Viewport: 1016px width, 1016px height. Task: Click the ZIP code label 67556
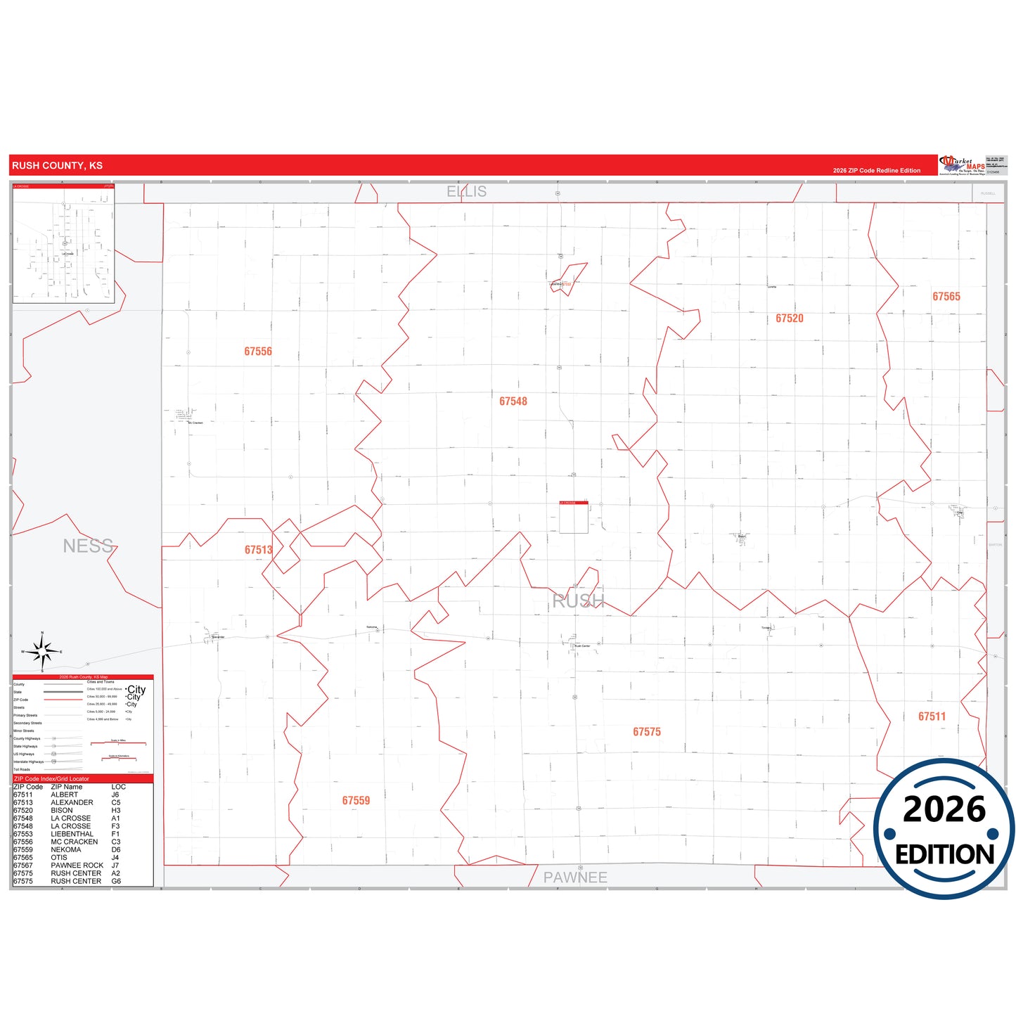[258, 352]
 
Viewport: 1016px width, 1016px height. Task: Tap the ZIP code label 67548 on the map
[513, 401]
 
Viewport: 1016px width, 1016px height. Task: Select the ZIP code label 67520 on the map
[789, 319]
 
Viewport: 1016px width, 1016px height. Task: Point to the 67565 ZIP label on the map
[946, 297]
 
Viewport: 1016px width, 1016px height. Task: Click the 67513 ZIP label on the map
[258, 550]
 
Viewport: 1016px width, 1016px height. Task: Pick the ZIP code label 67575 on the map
[646, 732]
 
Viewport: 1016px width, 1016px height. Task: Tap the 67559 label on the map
[356, 801]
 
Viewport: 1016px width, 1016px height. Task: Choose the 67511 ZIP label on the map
[932, 716]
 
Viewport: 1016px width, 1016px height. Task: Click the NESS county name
[88, 546]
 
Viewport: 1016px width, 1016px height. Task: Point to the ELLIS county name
[467, 191]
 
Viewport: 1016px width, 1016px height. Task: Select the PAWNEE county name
[575, 877]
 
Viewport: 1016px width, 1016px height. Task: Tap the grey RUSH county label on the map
[578, 601]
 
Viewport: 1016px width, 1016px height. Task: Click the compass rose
[42, 652]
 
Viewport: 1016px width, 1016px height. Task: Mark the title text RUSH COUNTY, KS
[57, 166]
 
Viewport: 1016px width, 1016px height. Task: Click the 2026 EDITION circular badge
[944, 829]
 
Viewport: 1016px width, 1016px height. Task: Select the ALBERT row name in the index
[65, 795]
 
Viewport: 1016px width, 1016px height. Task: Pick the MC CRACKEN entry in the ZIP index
[75, 842]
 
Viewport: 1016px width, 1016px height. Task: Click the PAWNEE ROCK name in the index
[77, 866]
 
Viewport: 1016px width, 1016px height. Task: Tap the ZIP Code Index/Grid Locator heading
[52, 779]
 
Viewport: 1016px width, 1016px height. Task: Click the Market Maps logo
[962, 165]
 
